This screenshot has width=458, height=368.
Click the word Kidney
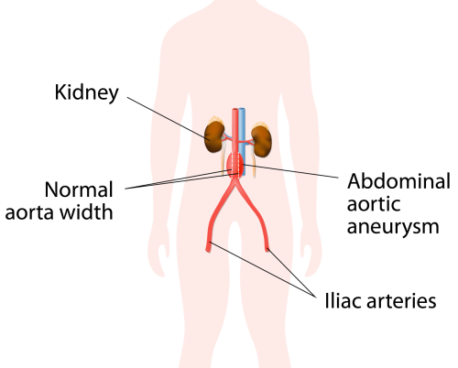pos(86,92)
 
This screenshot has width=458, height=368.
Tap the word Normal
pos(79,189)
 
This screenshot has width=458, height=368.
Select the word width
pos(86,211)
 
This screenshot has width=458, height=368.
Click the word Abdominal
pos(398,181)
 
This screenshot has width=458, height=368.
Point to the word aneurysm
pos(393,228)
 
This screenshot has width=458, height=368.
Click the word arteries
pos(401,301)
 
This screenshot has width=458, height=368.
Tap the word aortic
pos(374,204)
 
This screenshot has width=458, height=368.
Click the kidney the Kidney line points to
pos(214,136)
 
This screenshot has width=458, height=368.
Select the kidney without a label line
pos(261,141)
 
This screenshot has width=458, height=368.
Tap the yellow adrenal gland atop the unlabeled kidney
pos(260,124)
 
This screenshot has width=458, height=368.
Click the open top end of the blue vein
pos(242,109)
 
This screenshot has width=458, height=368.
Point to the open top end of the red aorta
pos(234,110)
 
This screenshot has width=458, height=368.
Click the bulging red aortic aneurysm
pos(235,165)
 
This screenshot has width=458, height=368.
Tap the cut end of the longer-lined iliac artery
pos(208,246)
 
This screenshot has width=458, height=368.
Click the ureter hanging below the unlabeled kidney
pos(254,162)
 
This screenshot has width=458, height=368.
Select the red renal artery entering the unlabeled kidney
pos(245,142)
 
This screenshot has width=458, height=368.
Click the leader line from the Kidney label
pos(169,119)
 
